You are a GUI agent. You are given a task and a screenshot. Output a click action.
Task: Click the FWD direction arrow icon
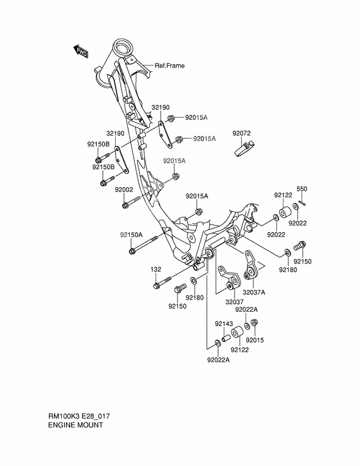coord(80,51)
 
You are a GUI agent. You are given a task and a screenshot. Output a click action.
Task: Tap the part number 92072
coord(241,134)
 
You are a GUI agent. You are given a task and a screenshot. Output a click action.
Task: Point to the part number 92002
coord(124,190)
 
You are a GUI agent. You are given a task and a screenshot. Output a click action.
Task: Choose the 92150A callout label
coord(130,235)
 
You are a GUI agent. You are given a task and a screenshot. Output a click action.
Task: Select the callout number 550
coord(301,190)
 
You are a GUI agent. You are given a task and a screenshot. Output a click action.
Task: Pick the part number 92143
coord(224,323)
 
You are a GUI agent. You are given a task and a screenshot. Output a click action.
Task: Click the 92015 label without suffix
coord(255,339)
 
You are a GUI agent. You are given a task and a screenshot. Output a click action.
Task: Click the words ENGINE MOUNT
coord(75,425)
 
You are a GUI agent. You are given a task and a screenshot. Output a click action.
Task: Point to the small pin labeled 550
coord(302,202)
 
